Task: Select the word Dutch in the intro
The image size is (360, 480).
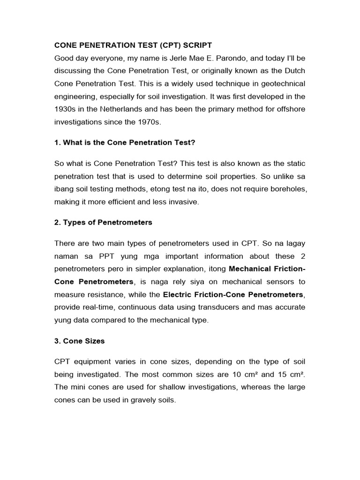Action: coord(294,71)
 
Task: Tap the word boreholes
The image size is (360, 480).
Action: coord(287,188)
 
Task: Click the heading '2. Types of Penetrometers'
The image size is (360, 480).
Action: coord(103,222)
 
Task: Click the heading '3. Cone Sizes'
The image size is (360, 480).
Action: coord(79,341)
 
